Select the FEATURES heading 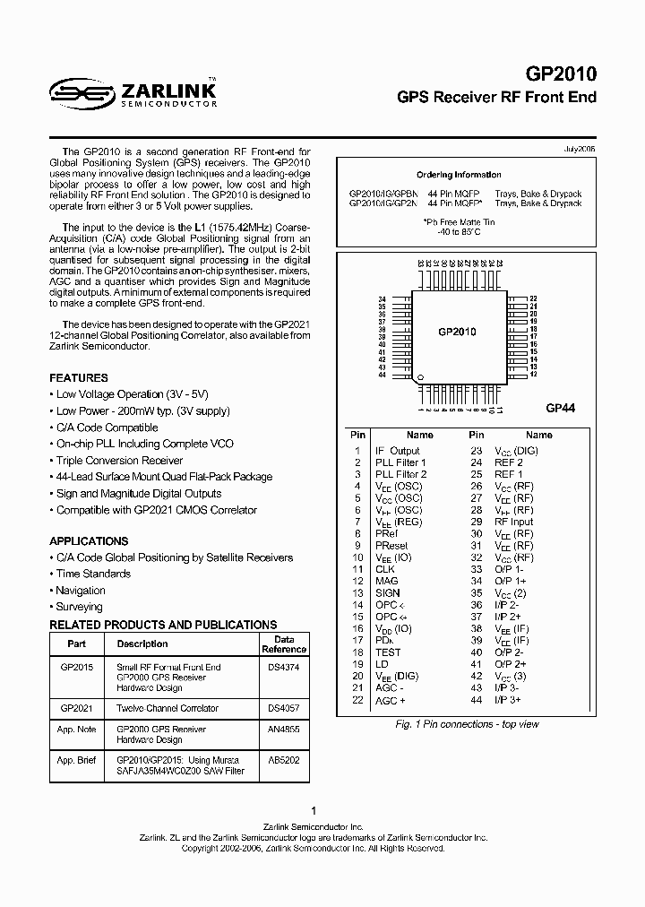(79, 378)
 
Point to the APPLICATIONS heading (89, 541)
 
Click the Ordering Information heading (459, 175)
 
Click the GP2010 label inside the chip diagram (457, 332)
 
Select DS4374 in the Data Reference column (284, 668)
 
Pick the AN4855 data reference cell (284, 730)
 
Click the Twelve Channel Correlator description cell (168, 708)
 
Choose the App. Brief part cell (77, 760)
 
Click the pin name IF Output (397, 451)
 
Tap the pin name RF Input (514, 522)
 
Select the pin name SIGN (388, 593)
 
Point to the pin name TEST (388, 652)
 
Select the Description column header (142, 644)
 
